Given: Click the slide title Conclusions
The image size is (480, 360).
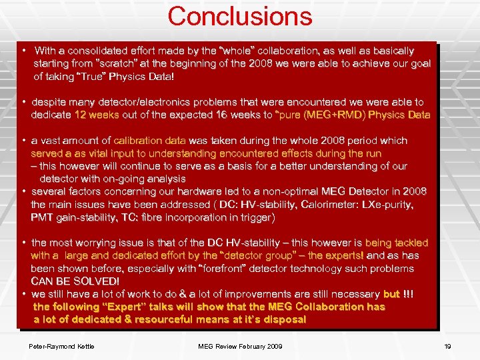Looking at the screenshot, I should tap(239, 16).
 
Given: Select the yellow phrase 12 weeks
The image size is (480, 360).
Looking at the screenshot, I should tap(97, 115).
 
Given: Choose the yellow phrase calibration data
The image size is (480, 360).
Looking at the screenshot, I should tap(150, 141).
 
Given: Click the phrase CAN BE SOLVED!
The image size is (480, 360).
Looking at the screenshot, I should tap(75, 281).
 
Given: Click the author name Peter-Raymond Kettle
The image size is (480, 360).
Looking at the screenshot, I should tap(61, 346).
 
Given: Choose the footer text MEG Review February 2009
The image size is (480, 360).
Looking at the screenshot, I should tap(240, 346).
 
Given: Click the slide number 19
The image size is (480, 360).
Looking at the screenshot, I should tap(448, 346).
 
